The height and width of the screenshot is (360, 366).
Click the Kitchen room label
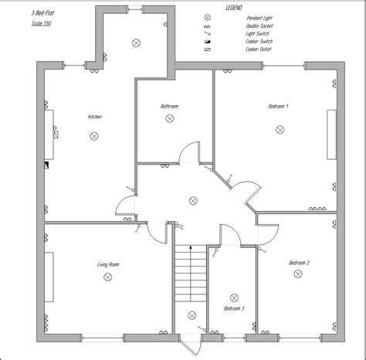95,117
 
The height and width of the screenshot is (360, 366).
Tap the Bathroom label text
170,105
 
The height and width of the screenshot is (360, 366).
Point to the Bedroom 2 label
300,263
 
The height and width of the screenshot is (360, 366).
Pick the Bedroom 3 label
234,308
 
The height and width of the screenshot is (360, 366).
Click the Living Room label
108,264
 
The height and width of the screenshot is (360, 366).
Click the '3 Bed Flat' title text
42,13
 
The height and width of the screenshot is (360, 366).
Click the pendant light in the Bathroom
169,118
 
